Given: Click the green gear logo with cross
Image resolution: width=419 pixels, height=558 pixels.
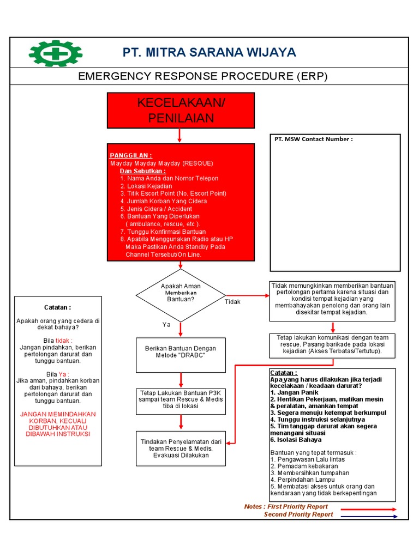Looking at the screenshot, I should [55, 53].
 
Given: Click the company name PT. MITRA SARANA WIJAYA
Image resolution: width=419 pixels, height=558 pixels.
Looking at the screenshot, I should [209, 52].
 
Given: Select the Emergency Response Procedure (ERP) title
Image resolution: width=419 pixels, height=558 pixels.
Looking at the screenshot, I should [203, 76].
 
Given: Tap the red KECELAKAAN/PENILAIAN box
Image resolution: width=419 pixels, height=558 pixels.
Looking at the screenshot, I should [181, 111].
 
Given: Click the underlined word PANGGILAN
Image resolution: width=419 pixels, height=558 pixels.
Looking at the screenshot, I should [131, 155].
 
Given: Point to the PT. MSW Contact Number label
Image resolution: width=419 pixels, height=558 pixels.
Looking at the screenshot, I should [313, 139].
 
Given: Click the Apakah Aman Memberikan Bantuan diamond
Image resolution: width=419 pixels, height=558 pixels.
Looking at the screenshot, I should [181, 295].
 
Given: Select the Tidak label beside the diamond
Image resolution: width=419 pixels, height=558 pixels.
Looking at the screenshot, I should [232, 302].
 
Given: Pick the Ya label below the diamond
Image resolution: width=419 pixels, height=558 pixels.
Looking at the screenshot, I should [167, 324].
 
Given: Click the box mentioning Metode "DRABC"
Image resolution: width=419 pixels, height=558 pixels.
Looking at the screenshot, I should [181, 352].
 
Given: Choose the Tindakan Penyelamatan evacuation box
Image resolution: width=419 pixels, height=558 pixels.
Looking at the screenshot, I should [181, 448].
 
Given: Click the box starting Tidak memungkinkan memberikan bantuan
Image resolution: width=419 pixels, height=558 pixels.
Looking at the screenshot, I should [332, 299].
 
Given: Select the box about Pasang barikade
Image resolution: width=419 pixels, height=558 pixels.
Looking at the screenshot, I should [332, 345].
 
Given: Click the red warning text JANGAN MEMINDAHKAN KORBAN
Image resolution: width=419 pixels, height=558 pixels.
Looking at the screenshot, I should [58, 424].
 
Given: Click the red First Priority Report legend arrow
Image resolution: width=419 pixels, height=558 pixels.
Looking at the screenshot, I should [369, 508].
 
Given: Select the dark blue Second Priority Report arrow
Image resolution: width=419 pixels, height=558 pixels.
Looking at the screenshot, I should [369, 515].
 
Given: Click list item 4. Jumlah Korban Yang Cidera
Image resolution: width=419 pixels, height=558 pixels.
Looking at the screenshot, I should [164, 201].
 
